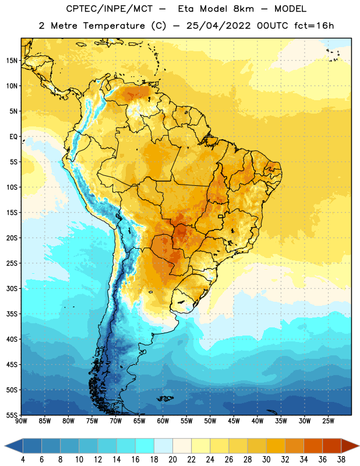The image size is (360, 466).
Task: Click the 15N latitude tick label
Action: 12,61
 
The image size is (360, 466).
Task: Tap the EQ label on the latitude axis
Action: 13,137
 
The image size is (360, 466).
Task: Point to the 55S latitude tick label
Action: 12,415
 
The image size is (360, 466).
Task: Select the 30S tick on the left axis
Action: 12,288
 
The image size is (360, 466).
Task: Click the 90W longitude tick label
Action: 21,421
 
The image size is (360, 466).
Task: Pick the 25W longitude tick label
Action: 328,421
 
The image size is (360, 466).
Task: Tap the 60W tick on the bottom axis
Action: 163,421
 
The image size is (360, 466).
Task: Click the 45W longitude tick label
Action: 234,421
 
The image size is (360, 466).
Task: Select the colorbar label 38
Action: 341,460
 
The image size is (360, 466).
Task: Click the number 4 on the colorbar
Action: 23,460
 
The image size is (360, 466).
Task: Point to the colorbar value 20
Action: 172,460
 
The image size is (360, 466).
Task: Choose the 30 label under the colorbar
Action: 266,460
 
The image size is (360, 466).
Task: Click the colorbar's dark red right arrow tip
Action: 359,446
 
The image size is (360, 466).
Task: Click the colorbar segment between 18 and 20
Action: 163,446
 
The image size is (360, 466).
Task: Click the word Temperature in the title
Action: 114,26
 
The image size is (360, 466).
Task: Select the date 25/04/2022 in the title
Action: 218,26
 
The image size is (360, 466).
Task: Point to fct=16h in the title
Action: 314,26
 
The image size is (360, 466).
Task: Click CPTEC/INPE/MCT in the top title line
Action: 109,9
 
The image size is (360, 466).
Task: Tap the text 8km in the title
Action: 243,9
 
